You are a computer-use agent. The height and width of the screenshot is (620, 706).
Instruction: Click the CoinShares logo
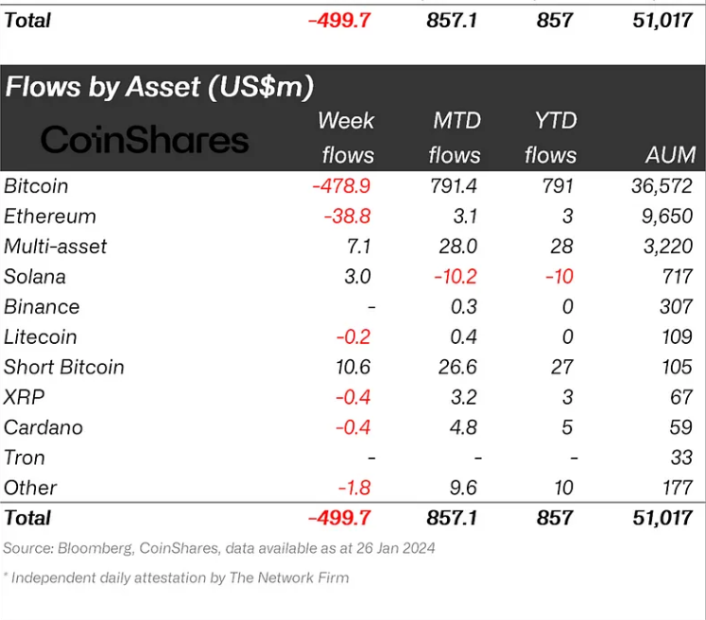145,141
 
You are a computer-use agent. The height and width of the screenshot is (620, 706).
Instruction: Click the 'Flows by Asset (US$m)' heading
159,88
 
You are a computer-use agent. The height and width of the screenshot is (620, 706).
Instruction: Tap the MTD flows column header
455,138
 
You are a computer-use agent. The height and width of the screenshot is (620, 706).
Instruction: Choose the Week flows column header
347,138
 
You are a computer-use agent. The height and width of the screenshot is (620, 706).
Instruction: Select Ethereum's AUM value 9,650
663,216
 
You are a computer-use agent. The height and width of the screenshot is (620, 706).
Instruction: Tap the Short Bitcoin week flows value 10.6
355,367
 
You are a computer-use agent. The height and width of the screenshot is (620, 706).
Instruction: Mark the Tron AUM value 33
680,457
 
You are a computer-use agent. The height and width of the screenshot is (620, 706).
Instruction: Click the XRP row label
25,397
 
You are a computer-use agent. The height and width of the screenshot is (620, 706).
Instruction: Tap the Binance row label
42,307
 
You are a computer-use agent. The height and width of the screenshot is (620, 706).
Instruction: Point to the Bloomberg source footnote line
219,548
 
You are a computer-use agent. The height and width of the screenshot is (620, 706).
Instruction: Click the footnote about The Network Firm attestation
177,577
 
